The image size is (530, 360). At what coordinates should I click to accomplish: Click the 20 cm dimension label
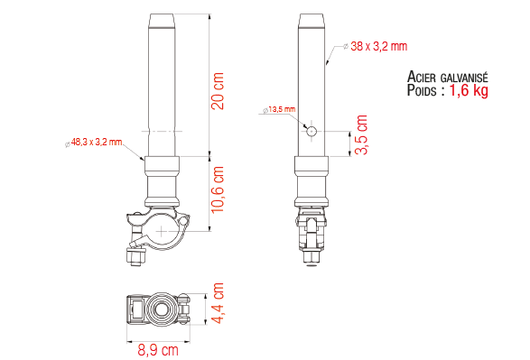(218, 91)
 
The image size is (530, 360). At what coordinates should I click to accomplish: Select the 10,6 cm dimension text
(218, 189)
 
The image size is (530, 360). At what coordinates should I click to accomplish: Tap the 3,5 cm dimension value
(361, 134)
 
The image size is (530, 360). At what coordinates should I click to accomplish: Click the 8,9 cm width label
(157, 351)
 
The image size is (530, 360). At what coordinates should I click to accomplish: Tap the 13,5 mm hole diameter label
(282, 109)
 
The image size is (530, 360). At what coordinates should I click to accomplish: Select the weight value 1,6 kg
(469, 91)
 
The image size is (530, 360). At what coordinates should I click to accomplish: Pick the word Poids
(425, 91)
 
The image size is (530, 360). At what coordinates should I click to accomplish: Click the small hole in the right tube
(311, 130)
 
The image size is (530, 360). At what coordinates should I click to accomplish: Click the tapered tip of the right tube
(311, 19)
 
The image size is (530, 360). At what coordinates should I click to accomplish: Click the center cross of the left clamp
(162, 232)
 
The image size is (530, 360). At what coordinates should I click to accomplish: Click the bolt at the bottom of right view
(311, 260)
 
